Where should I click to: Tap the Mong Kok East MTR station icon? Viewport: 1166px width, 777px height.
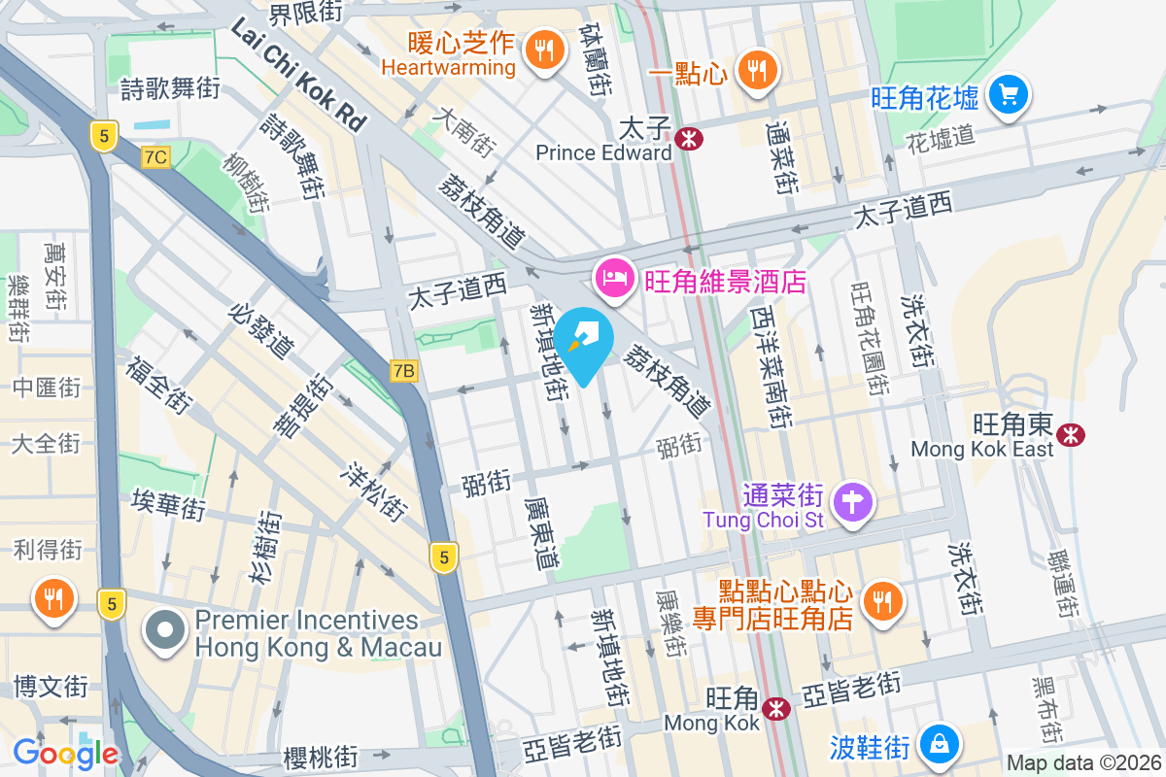click(1072, 434)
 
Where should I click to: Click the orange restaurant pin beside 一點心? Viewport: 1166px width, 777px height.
click(754, 70)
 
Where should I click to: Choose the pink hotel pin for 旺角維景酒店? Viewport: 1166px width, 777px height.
click(614, 280)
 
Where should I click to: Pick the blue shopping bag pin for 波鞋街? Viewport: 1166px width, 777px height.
click(940, 746)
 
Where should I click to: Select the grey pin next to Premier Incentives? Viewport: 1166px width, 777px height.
click(165, 631)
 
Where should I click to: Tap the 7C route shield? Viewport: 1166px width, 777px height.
click(155, 156)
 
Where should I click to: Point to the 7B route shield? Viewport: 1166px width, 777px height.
click(404, 370)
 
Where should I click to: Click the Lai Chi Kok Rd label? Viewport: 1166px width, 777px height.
click(297, 76)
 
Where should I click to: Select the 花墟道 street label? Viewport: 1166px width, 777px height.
click(940, 136)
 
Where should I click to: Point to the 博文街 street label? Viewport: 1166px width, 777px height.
click(51, 688)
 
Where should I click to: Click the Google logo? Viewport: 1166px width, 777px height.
click(66, 753)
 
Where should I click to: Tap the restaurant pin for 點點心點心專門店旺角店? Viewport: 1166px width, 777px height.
click(882, 602)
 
